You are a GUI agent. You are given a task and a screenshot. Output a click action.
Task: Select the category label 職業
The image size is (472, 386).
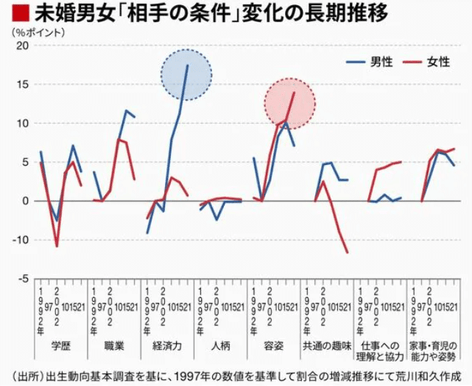click(x=114, y=344)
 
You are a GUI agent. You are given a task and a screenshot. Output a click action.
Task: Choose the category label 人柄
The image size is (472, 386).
click(x=220, y=344)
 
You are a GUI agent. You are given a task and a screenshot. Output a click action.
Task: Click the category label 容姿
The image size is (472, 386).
click(x=273, y=344)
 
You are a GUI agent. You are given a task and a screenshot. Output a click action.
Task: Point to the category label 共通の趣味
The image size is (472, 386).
click(x=326, y=344)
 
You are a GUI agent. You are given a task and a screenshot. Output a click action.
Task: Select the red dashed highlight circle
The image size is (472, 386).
click(x=289, y=101)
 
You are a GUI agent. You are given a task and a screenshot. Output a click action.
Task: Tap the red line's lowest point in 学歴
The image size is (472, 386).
click(x=57, y=246)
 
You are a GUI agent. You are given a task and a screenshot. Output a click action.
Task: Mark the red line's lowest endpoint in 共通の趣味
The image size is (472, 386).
click(x=347, y=253)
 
